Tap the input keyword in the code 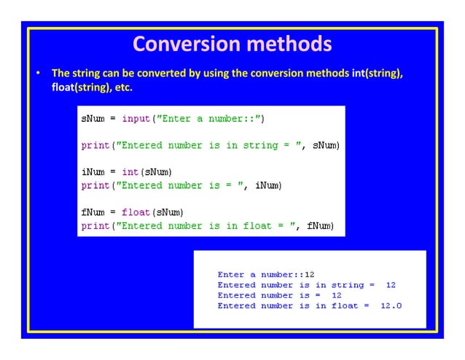click(135, 118)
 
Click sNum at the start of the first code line click(93, 118)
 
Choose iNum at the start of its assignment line click(93, 172)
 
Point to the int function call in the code click(130, 172)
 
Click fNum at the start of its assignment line click(93, 213)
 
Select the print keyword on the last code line click(95, 226)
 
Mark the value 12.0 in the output click(391, 305)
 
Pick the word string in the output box click(347, 285)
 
